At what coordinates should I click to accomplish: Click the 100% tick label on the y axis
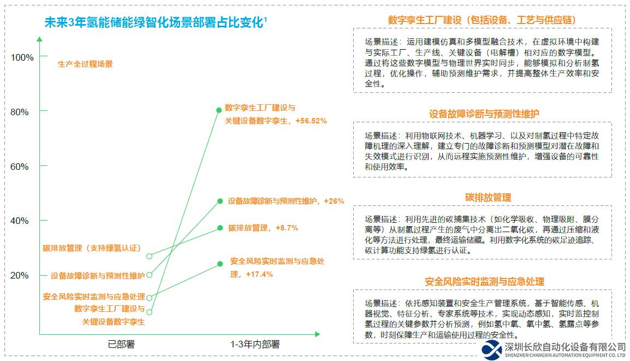point(22,57)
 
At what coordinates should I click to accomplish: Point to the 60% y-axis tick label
point(20,167)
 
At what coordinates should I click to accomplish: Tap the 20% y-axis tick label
point(20,275)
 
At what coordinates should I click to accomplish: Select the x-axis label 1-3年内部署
point(254,344)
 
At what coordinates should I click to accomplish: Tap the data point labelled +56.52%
point(219,110)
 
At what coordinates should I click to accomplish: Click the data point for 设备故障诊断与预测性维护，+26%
point(220,201)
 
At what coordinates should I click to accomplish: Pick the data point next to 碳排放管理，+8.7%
point(220,228)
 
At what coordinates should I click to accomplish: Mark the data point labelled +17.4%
point(220,264)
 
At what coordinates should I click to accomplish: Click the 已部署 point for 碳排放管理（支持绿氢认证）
point(150,256)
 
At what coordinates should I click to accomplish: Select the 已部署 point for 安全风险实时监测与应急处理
point(150,298)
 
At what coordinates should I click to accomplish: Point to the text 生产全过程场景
point(85,64)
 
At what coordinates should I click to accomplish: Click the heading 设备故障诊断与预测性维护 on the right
point(484,114)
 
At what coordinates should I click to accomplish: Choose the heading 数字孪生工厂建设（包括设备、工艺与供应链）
point(482,20)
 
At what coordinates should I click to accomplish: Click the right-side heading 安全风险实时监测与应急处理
point(484,281)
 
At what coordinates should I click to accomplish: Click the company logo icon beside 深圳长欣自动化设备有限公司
point(492,350)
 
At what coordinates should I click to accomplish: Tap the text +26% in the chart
point(334,201)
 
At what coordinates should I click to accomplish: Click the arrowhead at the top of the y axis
point(39,39)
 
